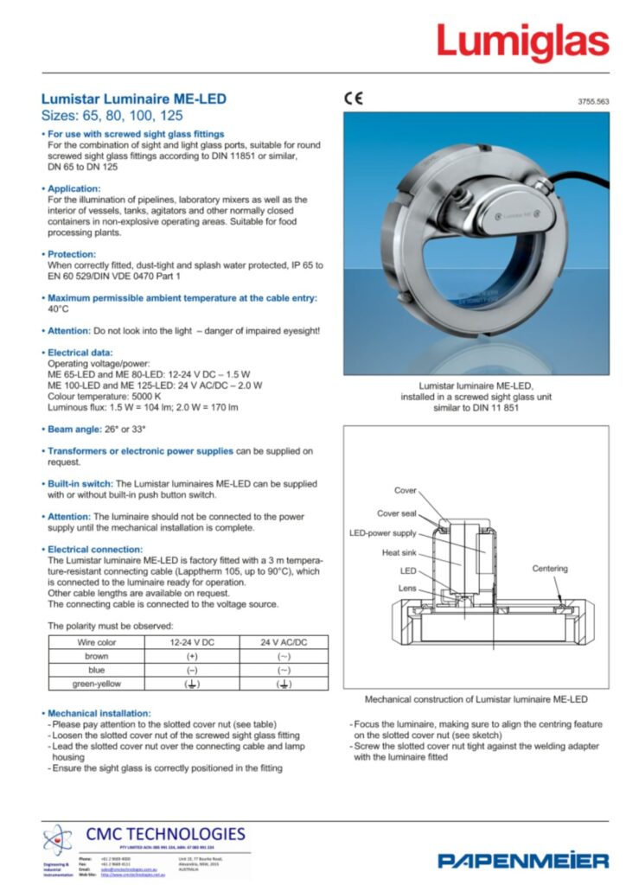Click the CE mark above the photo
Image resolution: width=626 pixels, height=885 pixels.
(354, 99)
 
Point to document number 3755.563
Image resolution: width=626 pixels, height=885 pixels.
(593, 102)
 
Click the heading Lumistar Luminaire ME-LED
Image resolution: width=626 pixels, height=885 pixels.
(134, 99)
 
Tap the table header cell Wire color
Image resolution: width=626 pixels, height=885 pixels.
(97, 642)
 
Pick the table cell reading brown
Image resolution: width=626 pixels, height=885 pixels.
(97, 656)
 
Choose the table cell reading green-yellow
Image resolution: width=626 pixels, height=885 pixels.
(97, 684)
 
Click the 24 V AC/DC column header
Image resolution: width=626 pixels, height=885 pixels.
(283, 642)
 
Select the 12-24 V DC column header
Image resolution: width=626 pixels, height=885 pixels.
(191, 642)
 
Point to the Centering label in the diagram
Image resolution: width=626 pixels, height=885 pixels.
(549, 569)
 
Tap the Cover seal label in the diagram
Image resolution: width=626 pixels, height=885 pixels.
(396, 513)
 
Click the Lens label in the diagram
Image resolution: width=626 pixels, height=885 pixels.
(407, 589)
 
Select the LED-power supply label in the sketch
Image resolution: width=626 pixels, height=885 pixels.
(382, 533)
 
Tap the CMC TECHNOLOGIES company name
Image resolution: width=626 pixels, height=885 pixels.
(166, 834)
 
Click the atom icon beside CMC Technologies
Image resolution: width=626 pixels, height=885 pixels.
(59, 841)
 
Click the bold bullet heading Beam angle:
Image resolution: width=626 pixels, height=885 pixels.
(76, 429)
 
